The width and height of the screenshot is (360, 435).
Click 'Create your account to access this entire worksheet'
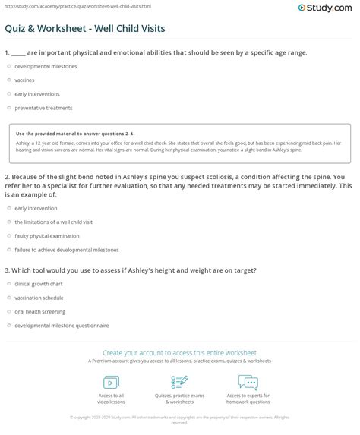[x=180, y=352]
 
